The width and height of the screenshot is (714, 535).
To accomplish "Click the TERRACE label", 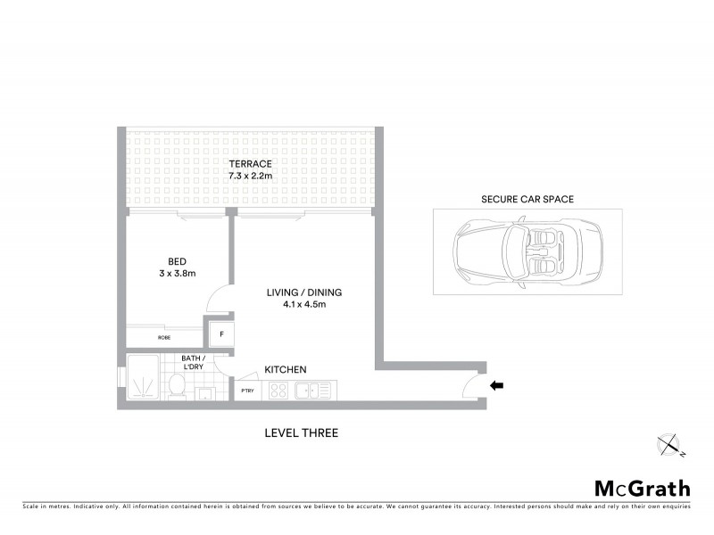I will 249,164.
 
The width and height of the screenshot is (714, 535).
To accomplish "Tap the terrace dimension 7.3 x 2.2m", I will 249,177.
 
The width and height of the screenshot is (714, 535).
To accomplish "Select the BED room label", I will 177,261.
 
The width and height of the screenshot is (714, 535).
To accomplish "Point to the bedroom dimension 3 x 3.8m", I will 177,274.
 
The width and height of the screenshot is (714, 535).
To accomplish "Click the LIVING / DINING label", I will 304,292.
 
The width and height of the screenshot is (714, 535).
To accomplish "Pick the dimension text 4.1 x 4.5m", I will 304,305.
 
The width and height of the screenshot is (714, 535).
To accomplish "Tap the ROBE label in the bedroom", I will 164,338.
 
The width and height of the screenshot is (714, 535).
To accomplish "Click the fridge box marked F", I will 220,335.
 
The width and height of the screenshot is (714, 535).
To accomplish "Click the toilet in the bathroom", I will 177,386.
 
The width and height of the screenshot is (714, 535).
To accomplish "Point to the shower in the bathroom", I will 143,380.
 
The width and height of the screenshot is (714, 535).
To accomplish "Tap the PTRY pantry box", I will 246,391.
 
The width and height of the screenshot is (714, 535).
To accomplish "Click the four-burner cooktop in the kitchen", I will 278,390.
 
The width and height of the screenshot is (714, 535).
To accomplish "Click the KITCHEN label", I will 286,369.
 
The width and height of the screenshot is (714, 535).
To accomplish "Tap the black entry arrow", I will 497,385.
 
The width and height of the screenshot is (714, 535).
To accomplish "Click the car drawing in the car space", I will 527,251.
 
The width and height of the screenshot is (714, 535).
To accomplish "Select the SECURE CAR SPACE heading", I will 527,199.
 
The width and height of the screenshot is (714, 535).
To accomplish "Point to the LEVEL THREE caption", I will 302,433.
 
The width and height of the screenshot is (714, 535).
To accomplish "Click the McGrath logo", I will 643,488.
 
